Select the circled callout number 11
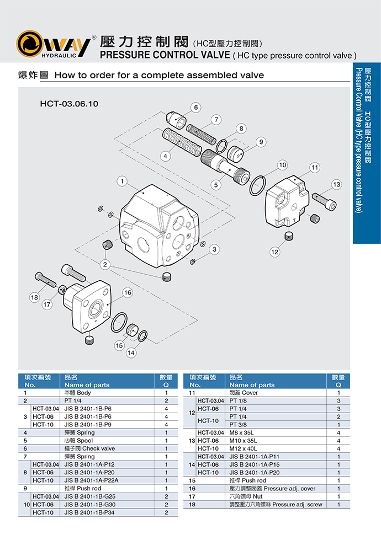315,167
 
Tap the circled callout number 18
34,297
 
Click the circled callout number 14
131,352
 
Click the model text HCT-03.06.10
69,103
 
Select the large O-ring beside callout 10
259,184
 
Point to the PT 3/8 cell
239,424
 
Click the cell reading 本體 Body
78,393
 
